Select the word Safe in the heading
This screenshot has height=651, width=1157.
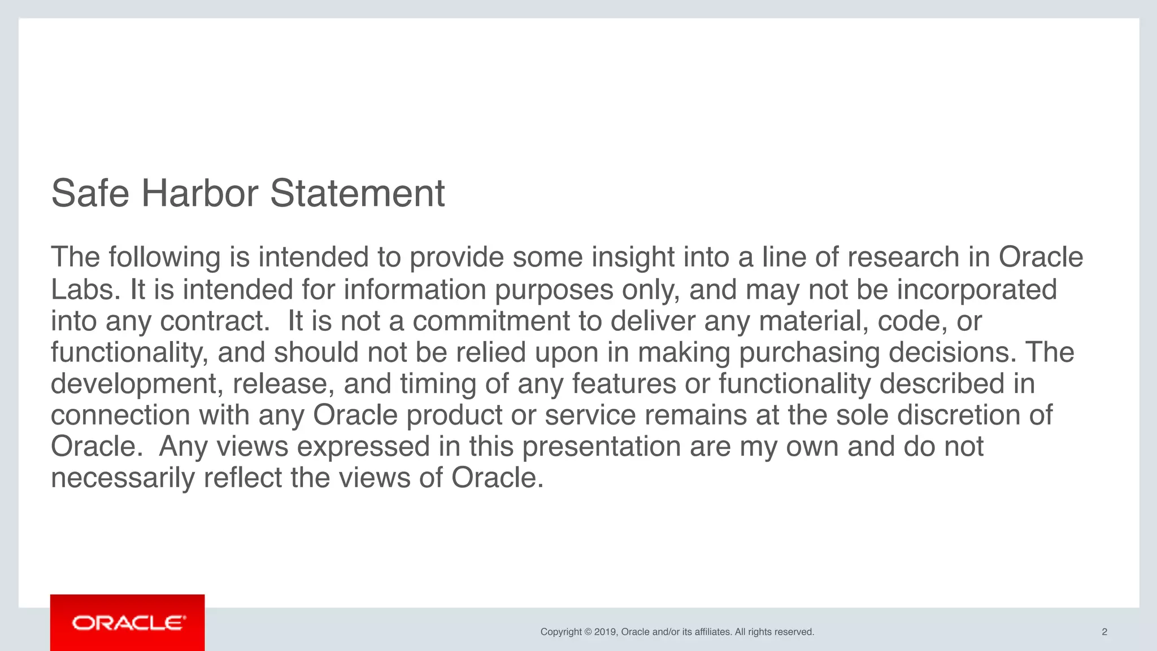click(x=90, y=194)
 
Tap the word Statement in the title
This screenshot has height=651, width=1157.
click(x=357, y=194)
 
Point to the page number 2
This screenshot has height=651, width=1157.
click(x=1104, y=632)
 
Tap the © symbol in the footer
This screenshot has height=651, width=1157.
click(x=588, y=632)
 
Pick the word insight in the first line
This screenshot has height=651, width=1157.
click(x=633, y=257)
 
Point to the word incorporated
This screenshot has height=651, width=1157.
click(x=977, y=290)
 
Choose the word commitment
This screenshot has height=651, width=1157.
click(x=491, y=321)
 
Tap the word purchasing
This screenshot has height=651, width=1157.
click(x=809, y=352)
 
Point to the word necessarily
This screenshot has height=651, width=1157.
click(x=123, y=478)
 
